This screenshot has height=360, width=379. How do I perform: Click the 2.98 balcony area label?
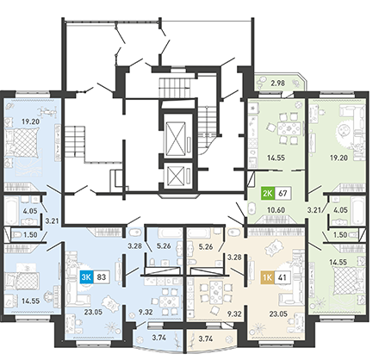point(278,84)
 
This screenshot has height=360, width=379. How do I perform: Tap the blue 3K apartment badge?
point(86,277)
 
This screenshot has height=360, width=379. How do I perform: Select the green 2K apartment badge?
point(268,193)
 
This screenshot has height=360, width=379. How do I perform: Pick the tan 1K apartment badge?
point(268,277)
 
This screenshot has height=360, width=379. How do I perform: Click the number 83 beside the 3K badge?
point(102,277)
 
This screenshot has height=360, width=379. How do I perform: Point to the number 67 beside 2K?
point(283,193)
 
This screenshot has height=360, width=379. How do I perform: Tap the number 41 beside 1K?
point(283,277)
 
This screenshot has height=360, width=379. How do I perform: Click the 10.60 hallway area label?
point(276,210)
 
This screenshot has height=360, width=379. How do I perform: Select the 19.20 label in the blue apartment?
point(30,121)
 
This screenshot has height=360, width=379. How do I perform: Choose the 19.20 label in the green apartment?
point(339,158)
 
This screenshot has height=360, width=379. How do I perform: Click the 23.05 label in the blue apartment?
point(93,312)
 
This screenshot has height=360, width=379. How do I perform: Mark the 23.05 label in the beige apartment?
point(278,313)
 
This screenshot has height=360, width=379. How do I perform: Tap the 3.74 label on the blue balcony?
point(159,338)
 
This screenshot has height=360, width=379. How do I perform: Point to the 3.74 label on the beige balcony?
point(206,338)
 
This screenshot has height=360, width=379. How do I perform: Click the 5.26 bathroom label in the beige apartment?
point(206,246)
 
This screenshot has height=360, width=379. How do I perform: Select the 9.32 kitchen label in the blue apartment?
point(146,312)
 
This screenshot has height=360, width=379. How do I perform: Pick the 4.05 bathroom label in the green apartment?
point(340,210)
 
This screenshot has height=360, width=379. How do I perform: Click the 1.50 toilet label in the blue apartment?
point(30,234)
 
